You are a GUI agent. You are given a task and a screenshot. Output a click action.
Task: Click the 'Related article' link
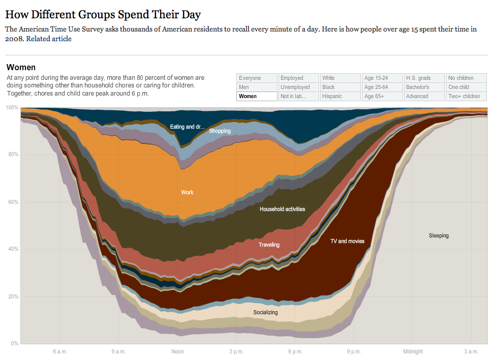[49, 39]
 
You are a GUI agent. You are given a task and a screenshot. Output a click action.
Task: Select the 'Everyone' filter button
[257, 78]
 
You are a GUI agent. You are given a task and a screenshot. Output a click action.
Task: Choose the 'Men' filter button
[257, 87]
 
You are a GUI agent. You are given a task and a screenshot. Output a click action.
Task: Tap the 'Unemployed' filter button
[298, 87]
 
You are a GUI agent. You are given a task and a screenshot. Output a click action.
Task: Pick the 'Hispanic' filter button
[340, 96]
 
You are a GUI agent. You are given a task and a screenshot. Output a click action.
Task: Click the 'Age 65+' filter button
[382, 96]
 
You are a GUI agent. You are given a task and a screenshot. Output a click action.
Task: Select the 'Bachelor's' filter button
[423, 87]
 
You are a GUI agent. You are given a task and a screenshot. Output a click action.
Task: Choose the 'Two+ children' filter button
[465, 96]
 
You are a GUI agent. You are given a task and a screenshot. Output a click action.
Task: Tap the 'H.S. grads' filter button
[423, 78]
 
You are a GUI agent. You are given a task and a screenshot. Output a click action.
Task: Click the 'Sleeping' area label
[439, 235]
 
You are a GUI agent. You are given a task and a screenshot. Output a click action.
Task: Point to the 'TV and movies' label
[347, 241]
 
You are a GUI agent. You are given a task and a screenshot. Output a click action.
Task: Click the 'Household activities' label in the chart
[282, 209]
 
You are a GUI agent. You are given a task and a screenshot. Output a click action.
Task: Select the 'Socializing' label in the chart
[265, 312]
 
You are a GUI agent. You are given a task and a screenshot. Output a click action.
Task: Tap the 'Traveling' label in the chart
[269, 245]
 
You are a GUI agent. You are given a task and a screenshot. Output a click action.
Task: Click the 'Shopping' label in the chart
[220, 131]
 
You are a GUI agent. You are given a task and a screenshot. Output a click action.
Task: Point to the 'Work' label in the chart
[187, 192]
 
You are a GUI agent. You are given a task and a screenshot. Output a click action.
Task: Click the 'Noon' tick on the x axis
[177, 351]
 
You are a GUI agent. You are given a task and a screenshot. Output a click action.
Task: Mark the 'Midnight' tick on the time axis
[413, 351]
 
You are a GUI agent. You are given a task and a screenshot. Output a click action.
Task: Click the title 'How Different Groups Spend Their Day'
[103, 14]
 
